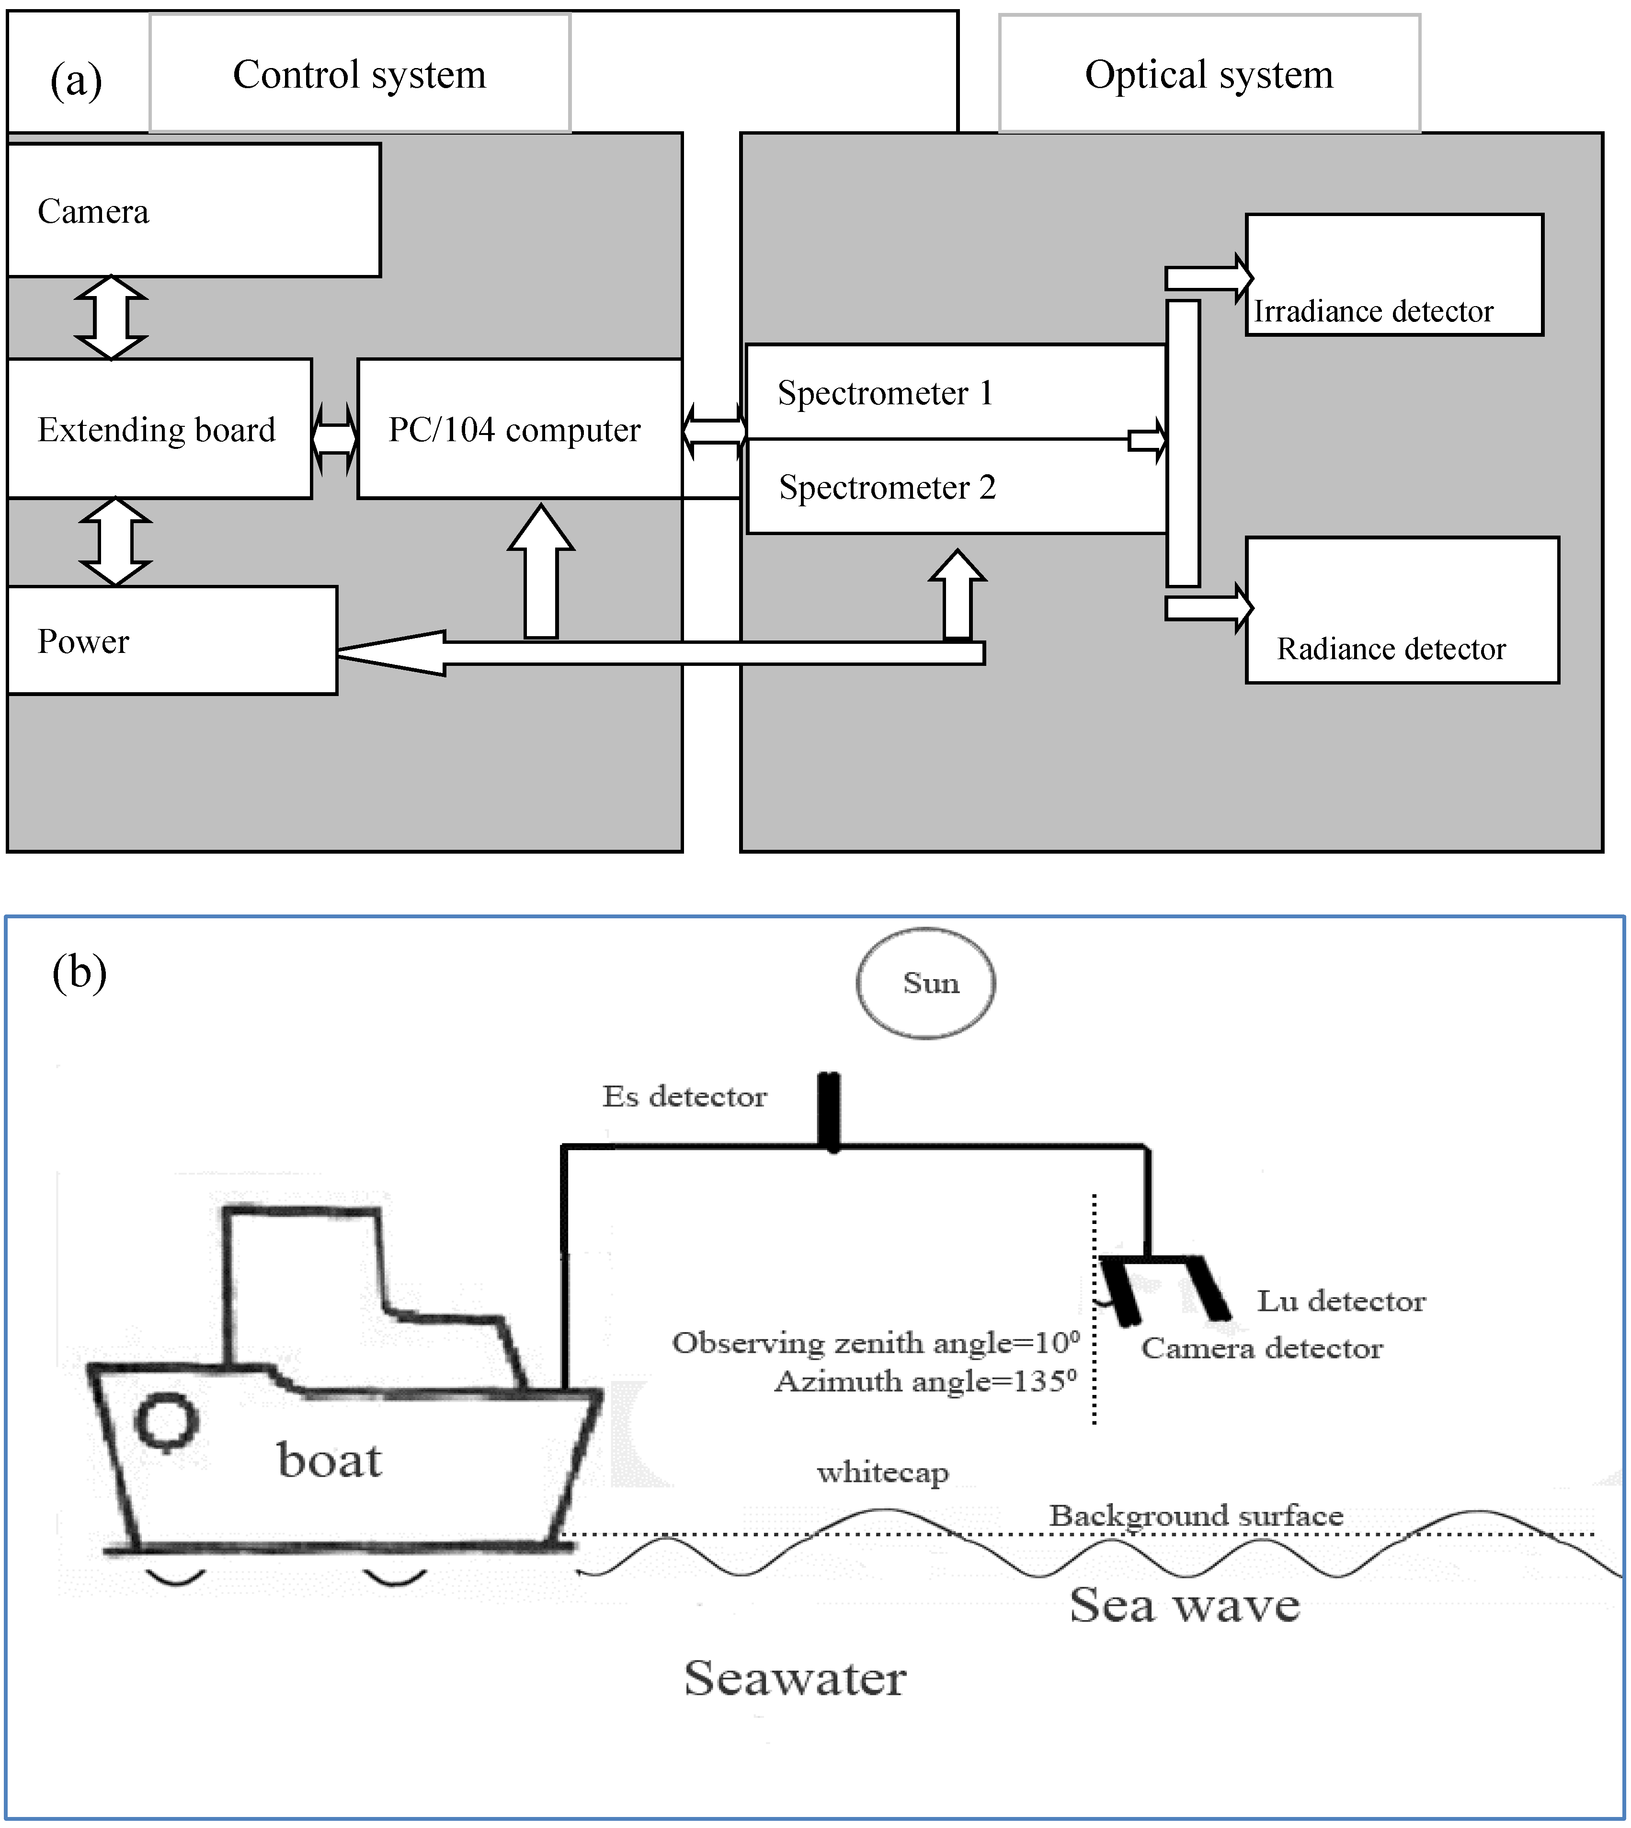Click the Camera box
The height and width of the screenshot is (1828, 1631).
coord(194,211)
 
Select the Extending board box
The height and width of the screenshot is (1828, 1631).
coord(160,429)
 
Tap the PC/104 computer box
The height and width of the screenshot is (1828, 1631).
coord(520,429)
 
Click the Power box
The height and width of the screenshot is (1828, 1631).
coord(172,640)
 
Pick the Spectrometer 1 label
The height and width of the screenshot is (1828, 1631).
coord(885,393)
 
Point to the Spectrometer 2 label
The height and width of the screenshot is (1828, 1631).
coord(887,488)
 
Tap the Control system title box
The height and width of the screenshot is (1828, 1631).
coord(359,73)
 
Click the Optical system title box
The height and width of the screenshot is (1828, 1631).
coord(1209,73)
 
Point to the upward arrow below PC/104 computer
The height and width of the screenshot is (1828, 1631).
coord(541,573)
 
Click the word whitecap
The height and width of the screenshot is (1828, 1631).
coord(883,1472)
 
